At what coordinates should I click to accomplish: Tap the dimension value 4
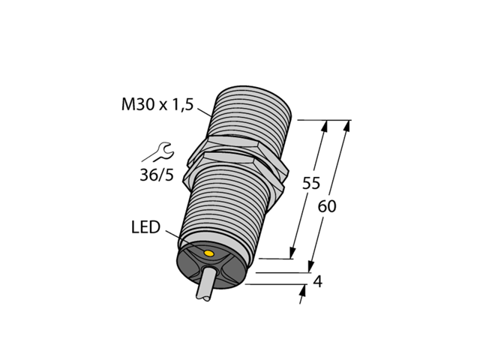coord(317,282)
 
